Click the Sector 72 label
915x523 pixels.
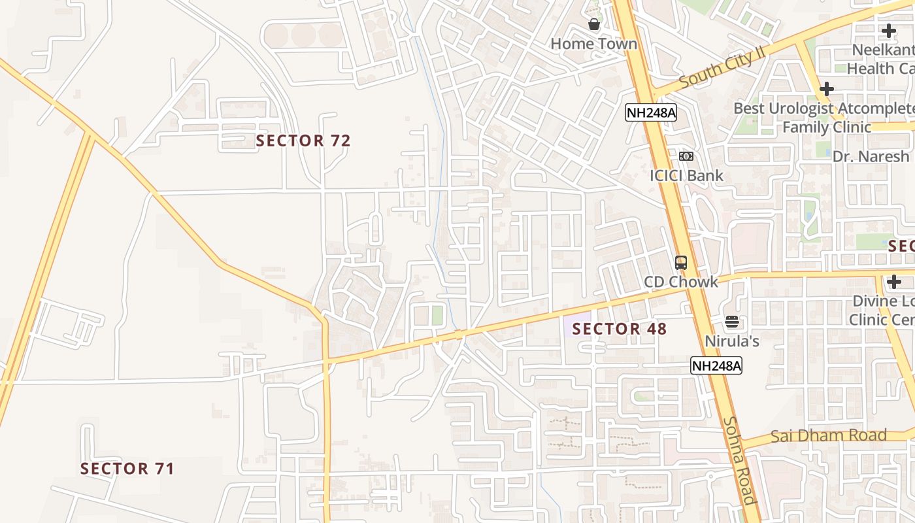(303, 141)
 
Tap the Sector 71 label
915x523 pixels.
(127, 469)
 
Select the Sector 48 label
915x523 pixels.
(620, 329)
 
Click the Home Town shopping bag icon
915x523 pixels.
(594, 25)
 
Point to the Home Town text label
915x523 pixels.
(593, 44)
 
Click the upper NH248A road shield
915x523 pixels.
(650, 112)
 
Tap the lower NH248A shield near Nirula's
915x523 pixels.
(716, 365)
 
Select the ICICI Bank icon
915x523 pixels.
(686, 156)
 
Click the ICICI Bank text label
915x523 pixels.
(686, 175)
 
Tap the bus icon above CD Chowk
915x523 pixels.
(681, 263)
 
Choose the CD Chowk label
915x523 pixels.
(680, 282)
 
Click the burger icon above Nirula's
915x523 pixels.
(731, 322)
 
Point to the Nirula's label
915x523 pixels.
(731, 341)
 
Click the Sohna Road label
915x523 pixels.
(740, 461)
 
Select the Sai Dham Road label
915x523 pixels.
(828, 436)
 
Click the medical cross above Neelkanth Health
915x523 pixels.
(889, 30)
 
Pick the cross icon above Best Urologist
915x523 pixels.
(827, 88)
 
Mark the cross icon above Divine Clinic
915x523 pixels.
(894, 282)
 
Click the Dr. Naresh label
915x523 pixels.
(871, 157)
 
